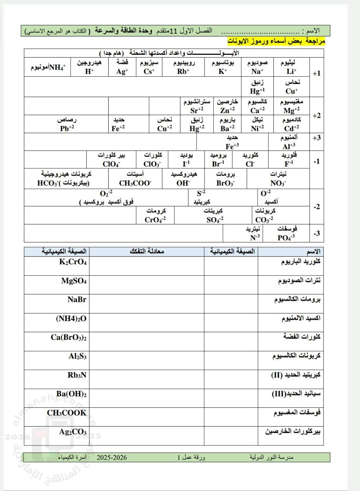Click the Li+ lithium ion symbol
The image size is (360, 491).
(291, 71)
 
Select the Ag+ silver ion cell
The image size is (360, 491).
(122, 71)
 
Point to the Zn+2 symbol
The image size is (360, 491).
(228, 110)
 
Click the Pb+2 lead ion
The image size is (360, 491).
(67, 129)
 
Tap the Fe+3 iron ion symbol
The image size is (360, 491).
(232, 146)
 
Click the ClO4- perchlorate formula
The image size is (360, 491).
(111, 164)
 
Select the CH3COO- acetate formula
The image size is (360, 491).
(135, 183)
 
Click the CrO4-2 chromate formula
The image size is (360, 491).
(155, 220)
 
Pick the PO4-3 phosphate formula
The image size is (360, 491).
(286, 237)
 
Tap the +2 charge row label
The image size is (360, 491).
(317, 115)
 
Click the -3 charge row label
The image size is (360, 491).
(317, 234)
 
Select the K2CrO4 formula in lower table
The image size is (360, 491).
(73, 262)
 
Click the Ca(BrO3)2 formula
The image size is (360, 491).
(69, 338)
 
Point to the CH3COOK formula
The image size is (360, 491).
(67, 413)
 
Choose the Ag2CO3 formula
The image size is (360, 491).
(73, 432)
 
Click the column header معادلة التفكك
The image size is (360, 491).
(147, 252)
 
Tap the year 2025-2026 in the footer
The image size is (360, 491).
(112, 457)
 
